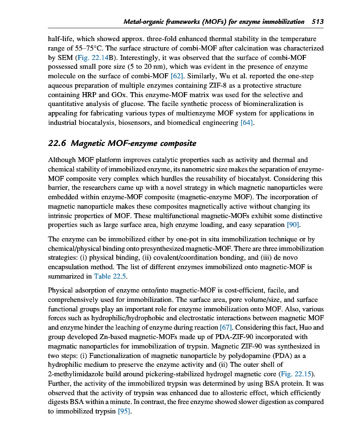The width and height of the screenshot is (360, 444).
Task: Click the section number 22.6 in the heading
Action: click(x=58, y=144)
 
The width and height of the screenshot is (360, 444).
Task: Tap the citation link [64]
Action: click(x=247, y=123)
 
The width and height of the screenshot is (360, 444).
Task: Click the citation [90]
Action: click(x=293, y=224)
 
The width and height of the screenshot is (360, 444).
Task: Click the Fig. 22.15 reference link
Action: click(x=298, y=375)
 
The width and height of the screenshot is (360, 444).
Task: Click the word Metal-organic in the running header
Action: click(x=146, y=22)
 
